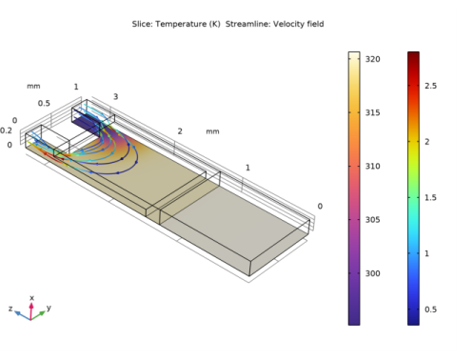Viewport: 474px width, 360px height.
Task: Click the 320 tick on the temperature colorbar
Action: click(374, 59)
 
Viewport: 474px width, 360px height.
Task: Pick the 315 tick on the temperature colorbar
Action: click(374, 112)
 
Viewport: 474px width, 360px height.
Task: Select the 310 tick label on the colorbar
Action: click(374, 166)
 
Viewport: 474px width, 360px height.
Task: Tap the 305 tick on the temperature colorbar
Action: click(374, 220)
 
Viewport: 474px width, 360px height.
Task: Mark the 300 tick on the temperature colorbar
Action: click(374, 273)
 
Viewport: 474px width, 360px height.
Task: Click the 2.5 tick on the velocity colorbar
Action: click(430, 86)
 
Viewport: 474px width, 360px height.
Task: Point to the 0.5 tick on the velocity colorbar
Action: click(430, 309)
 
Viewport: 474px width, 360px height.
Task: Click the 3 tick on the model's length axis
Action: click(115, 97)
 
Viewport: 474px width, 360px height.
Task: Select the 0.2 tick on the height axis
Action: click(7, 130)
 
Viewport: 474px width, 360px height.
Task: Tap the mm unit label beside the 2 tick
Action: click(211, 131)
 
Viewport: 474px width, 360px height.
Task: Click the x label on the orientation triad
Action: click(31, 298)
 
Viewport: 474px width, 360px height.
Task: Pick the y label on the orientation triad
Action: click(49, 309)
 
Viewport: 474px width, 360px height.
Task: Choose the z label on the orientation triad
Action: click(10, 310)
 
